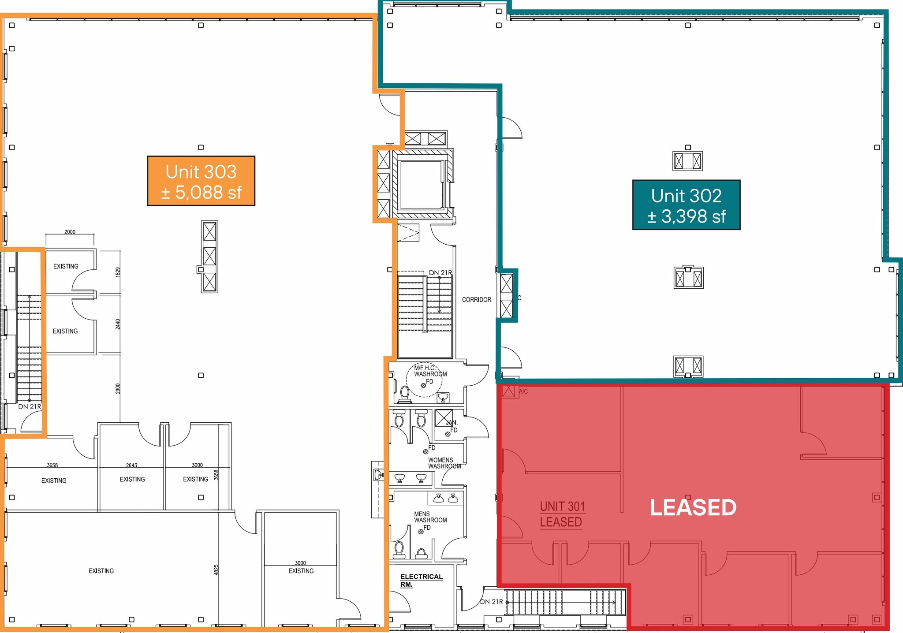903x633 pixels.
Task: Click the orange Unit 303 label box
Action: coord(201,181)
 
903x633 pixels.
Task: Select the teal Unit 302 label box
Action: coord(686,205)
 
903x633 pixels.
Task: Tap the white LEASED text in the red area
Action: coord(693,507)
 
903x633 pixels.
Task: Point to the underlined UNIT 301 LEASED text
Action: coord(562,514)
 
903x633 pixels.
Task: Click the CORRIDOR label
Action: coord(476,300)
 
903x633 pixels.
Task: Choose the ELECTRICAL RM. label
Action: coord(421,580)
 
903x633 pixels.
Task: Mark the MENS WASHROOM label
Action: coord(430,518)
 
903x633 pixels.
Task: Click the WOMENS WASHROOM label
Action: coord(444,463)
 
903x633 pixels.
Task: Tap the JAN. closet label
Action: coord(451,423)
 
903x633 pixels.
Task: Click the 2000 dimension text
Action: coord(70,232)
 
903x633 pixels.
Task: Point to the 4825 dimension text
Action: coord(216,570)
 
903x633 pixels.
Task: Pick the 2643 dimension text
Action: coord(131,465)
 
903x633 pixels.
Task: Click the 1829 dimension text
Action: coord(118,272)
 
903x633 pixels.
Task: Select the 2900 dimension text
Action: coord(118,388)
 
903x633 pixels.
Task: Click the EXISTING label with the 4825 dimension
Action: coord(101,571)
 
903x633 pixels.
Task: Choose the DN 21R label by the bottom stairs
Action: coord(491,602)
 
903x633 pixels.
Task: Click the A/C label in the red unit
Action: coord(523,391)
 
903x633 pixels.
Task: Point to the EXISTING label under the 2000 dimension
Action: coord(66,266)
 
